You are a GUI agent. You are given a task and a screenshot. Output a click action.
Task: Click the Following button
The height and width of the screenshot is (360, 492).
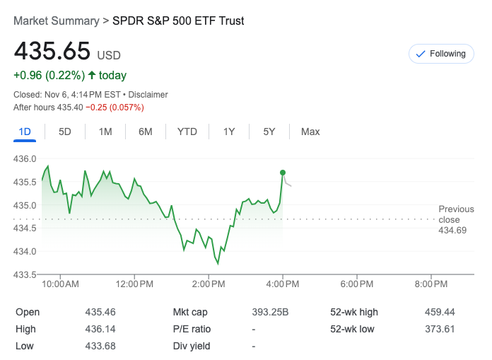pyautogui.click(x=441, y=54)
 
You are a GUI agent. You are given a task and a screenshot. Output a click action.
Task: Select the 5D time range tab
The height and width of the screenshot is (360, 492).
pyautogui.click(x=65, y=132)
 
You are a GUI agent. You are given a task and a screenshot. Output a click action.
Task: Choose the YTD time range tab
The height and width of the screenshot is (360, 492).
pyautogui.click(x=187, y=132)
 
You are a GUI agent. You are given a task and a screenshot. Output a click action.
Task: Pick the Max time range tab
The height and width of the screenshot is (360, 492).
pyautogui.click(x=310, y=132)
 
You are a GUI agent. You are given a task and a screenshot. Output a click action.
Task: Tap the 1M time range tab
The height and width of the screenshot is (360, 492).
pyautogui.click(x=105, y=132)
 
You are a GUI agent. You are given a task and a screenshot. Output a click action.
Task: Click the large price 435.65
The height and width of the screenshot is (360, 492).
pyautogui.click(x=52, y=51)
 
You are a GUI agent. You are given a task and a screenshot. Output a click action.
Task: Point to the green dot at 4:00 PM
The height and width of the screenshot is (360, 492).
pyautogui.click(x=283, y=173)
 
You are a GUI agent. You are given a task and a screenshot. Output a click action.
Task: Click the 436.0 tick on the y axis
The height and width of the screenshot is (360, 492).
pyautogui.click(x=25, y=158)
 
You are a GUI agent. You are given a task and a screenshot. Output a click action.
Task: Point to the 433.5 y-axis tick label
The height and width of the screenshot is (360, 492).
pyautogui.click(x=25, y=274)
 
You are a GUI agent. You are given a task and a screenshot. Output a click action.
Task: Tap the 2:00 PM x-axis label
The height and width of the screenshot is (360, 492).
pyautogui.click(x=209, y=284)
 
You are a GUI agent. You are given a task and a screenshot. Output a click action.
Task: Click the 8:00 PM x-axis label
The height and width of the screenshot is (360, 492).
pyautogui.click(x=430, y=284)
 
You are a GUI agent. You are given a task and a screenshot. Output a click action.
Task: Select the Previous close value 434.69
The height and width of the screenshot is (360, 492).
pyautogui.click(x=452, y=231)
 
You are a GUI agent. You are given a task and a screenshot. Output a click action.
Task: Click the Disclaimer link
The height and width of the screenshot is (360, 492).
pyautogui.click(x=148, y=95)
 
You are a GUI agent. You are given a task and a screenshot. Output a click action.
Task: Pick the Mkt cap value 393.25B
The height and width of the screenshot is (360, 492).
pyautogui.click(x=270, y=312)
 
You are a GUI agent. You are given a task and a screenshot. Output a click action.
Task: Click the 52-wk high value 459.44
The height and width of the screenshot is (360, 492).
pyautogui.click(x=439, y=312)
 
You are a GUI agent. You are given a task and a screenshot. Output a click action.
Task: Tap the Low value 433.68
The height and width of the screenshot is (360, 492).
pyautogui.click(x=100, y=346)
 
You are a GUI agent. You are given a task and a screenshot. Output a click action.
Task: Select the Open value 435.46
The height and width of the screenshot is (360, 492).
pyautogui.click(x=100, y=312)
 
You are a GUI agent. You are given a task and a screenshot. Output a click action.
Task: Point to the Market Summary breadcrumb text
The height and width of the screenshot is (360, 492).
pyautogui.click(x=57, y=21)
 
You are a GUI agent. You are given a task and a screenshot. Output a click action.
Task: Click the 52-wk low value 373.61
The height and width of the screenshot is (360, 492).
pyautogui.click(x=439, y=329)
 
